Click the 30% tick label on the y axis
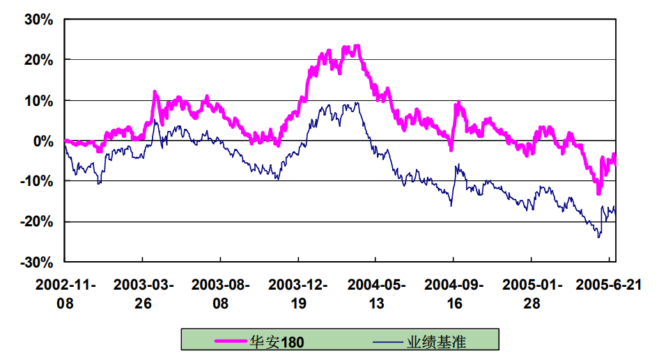40,19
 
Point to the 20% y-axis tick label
40,60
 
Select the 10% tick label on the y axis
40,100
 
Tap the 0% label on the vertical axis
44,141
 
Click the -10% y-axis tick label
38,181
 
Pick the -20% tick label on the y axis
38,221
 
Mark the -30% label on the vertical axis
38,262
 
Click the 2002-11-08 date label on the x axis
65,293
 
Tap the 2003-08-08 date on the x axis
220,293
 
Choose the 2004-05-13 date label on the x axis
375,293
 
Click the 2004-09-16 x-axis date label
453,293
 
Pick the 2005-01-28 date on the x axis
532,293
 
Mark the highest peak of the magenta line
357,47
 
